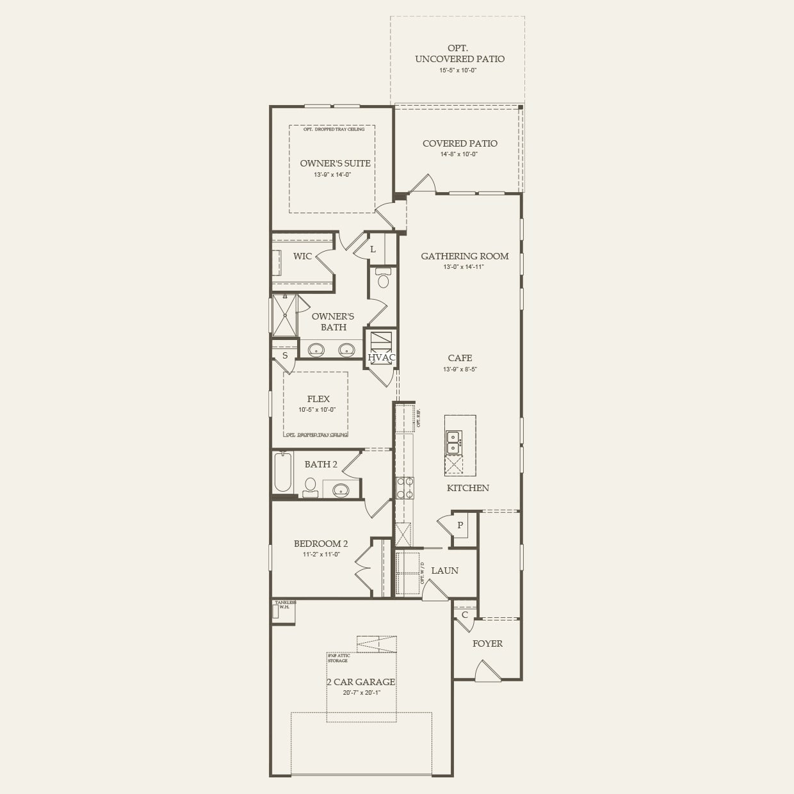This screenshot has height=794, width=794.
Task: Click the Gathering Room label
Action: pos(464,256)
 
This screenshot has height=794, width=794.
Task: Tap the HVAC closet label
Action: pos(381,357)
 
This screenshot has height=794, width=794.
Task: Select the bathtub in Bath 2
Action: pos(282,473)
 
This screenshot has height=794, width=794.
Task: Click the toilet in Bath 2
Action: pos(310,485)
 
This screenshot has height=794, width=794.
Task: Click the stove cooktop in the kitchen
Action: pos(405,487)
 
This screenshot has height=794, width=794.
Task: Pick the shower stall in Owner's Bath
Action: pos(284,315)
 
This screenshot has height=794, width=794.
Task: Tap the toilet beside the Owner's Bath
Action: pos(384,280)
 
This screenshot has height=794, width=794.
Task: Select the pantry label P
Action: pos(460,525)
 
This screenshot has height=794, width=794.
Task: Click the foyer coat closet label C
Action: pos(465,615)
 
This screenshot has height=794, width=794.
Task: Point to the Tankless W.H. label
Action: pos(285,604)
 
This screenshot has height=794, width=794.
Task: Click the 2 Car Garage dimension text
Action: pos(362,692)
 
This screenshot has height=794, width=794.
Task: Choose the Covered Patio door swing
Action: pos(423,184)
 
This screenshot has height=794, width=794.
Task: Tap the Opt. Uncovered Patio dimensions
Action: pos(457,70)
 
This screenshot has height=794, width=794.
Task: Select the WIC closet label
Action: pos(302,256)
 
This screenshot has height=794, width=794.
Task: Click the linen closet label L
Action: pos(373,249)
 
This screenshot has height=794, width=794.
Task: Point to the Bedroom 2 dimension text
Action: pos(321,555)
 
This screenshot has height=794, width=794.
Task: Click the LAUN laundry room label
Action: pos(444,571)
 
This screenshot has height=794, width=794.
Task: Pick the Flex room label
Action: pos(318,399)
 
